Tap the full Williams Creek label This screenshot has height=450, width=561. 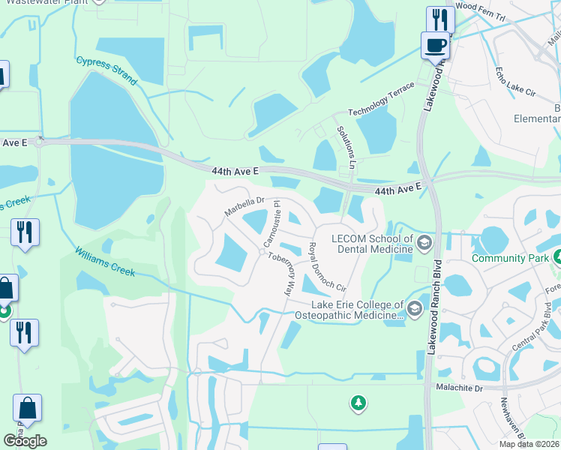[105, 261]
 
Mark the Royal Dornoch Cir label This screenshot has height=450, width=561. [327, 266]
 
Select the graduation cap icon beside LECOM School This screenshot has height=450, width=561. [425, 241]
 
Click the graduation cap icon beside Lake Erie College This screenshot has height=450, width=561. [414, 307]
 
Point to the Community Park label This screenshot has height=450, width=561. [508, 259]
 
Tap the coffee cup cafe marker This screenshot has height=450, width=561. [435, 46]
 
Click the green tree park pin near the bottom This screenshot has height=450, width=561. [358, 403]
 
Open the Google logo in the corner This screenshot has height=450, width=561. [25, 441]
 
